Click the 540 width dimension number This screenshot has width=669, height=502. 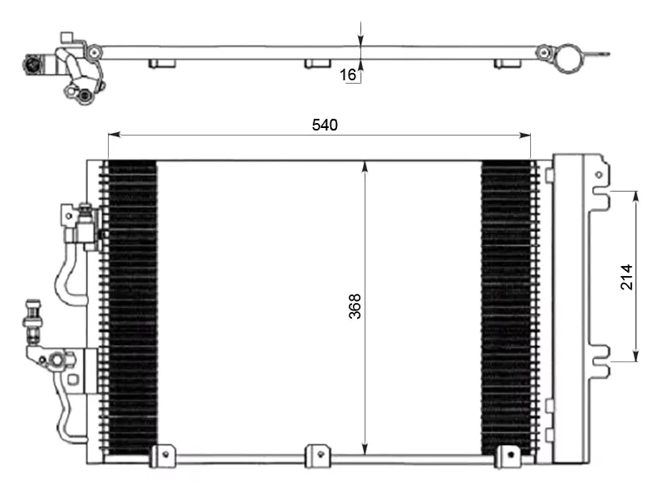click(x=324, y=125)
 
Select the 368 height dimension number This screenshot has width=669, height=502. click(x=355, y=306)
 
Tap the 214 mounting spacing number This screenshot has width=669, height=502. click(x=626, y=277)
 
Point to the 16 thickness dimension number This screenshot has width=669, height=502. click(x=348, y=74)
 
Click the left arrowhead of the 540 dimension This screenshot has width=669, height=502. click(x=114, y=135)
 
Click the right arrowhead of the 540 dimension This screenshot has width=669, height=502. click(x=525, y=135)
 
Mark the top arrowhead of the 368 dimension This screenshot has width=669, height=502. click(x=365, y=166)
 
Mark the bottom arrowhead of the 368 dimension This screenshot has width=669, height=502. click(x=365, y=448)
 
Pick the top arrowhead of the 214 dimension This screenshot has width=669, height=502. click(x=636, y=197)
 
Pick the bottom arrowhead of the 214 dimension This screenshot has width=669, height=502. click(x=636, y=356)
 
